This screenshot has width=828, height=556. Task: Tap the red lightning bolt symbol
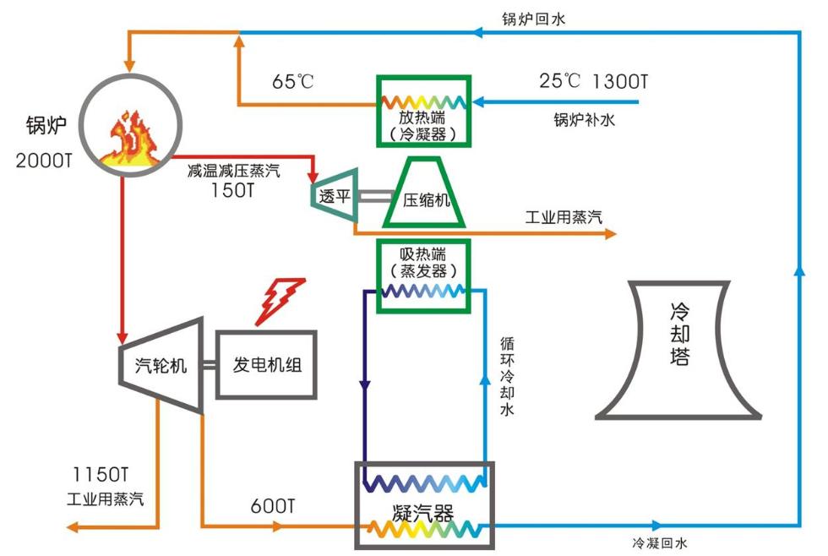pos(280,300)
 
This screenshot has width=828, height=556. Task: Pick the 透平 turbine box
pos(335,195)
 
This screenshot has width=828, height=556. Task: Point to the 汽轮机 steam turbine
pos(161,366)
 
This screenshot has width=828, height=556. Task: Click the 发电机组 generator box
pos(266,365)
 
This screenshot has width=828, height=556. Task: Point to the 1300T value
pos(620,82)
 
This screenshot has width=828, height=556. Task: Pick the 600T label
pos(273,507)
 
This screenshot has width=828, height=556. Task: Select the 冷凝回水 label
pos(666,542)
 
